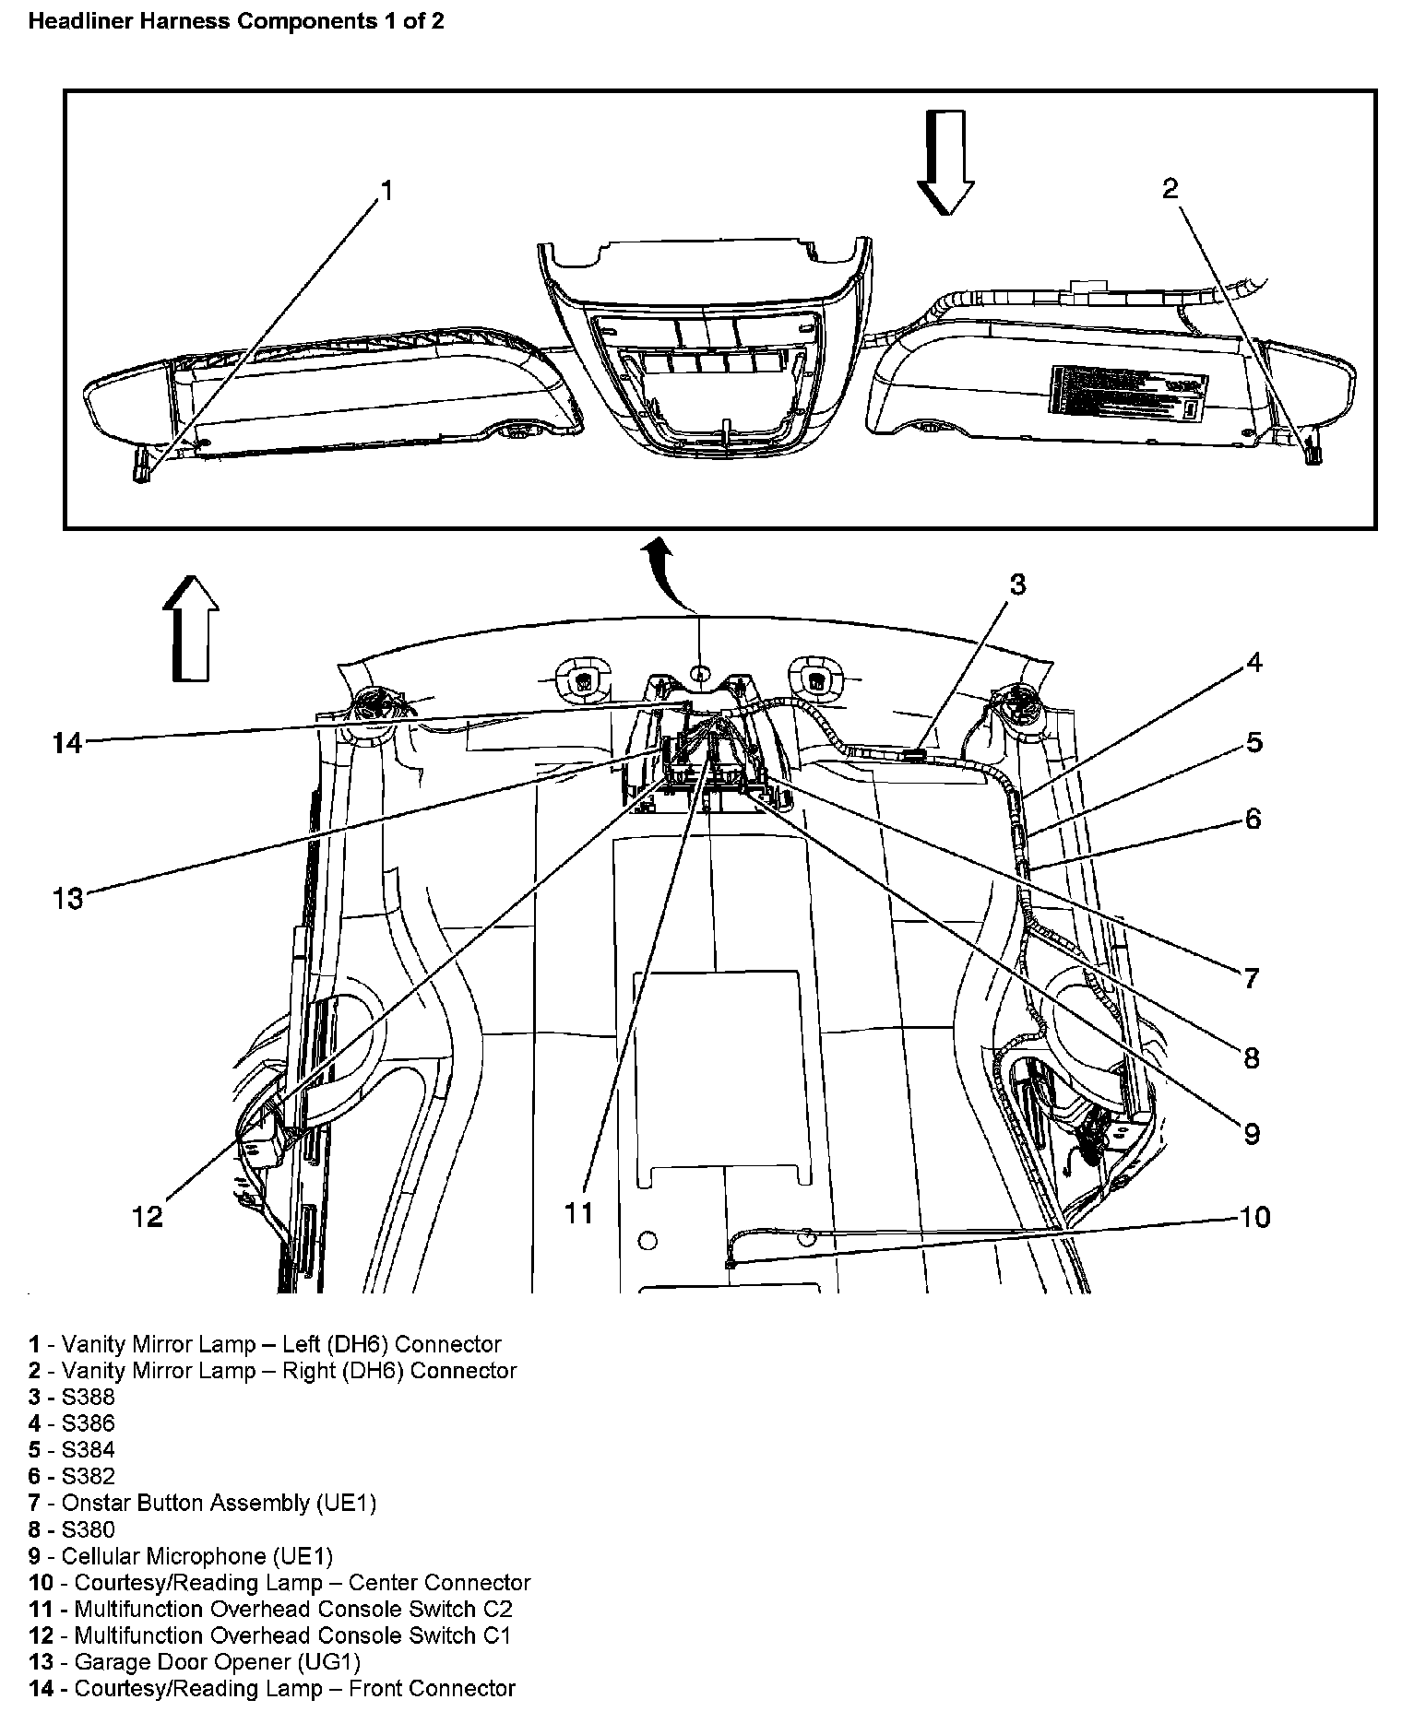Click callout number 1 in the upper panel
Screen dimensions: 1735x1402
click(x=387, y=191)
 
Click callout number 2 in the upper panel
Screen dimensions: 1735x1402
click(x=1170, y=189)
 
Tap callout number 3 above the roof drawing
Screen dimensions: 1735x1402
click(x=1017, y=584)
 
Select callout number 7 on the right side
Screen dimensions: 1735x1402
click(x=1251, y=977)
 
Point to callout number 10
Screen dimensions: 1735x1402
click(x=1254, y=1217)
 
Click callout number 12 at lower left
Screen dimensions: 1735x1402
click(x=148, y=1217)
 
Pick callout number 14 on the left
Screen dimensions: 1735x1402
click(x=67, y=742)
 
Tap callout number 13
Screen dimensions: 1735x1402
click(x=67, y=898)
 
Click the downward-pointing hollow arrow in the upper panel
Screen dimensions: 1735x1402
click(x=945, y=162)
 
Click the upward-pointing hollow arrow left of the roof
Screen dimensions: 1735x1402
click(x=191, y=628)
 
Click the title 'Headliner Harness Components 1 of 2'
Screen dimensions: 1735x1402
click(x=236, y=21)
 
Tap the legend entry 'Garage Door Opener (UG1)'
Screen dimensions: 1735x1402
click(x=195, y=1661)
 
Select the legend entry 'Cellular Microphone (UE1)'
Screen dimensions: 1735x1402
click(x=180, y=1556)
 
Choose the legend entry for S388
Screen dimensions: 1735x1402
click(x=72, y=1398)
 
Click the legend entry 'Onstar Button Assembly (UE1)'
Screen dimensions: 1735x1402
click(x=202, y=1503)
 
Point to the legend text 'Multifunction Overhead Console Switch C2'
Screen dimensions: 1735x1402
click(x=270, y=1609)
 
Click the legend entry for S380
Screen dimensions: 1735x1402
click(x=72, y=1529)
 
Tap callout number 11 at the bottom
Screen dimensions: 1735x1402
click(x=579, y=1213)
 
